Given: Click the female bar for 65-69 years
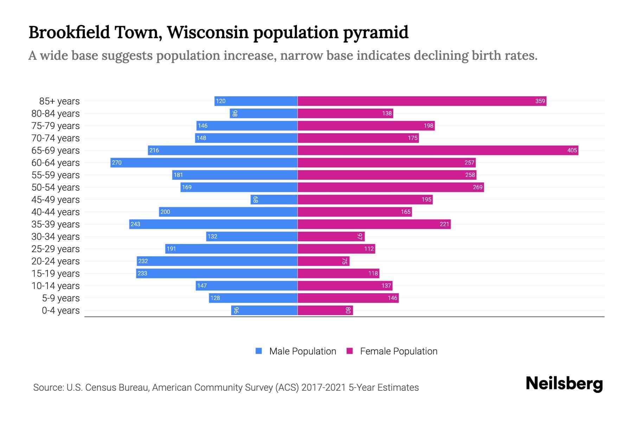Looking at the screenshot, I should tap(438, 151).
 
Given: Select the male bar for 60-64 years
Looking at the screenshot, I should tap(204, 163).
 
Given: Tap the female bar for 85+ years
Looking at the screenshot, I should tap(422, 101).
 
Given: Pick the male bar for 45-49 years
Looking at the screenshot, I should tap(274, 200).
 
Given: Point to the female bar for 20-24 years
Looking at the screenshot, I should tap(324, 261).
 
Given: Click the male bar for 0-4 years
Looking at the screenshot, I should tap(264, 311).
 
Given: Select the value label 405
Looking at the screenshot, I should tap(572, 151).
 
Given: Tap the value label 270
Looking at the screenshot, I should tap(117, 163).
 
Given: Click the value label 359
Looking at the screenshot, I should tap(540, 101).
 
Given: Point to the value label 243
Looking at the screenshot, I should tap(135, 224).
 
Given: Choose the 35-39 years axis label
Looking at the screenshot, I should tap(56, 224).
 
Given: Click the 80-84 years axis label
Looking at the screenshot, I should tap(56, 114).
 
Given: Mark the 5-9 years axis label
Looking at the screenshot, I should tap(61, 298).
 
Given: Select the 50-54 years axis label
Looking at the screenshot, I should tap(56, 187).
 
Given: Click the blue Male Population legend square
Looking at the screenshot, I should tap(259, 351).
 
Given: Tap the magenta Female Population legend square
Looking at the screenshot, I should tap(350, 351).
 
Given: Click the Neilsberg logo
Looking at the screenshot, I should tap(564, 384).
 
